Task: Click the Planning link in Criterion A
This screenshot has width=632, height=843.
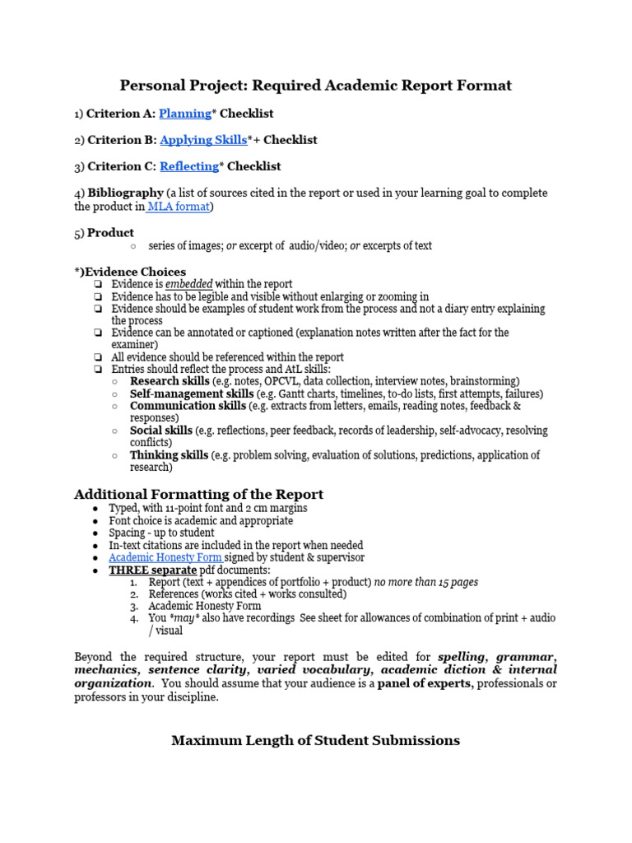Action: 185,114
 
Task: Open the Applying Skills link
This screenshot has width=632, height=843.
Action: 203,140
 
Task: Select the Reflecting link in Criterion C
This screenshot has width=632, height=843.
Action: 189,166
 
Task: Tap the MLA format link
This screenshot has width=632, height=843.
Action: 179,207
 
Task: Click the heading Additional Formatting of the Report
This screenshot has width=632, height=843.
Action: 198,494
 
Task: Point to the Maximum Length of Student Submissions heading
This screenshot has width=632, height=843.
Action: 315,740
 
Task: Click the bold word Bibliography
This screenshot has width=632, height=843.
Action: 125,193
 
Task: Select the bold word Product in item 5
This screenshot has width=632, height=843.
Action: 110,233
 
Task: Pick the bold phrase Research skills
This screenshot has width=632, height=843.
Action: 170,382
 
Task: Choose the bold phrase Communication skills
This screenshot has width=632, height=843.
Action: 188,406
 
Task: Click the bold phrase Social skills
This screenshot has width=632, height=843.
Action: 161,431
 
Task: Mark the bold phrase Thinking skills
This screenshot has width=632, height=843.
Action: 169,455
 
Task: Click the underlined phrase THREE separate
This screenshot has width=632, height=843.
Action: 153,570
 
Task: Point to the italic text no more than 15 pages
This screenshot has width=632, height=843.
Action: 426,582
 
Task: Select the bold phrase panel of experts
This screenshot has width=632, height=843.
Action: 425,683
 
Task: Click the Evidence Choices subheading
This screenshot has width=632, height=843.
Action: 132,272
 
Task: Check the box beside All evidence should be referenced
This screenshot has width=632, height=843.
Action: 98,358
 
